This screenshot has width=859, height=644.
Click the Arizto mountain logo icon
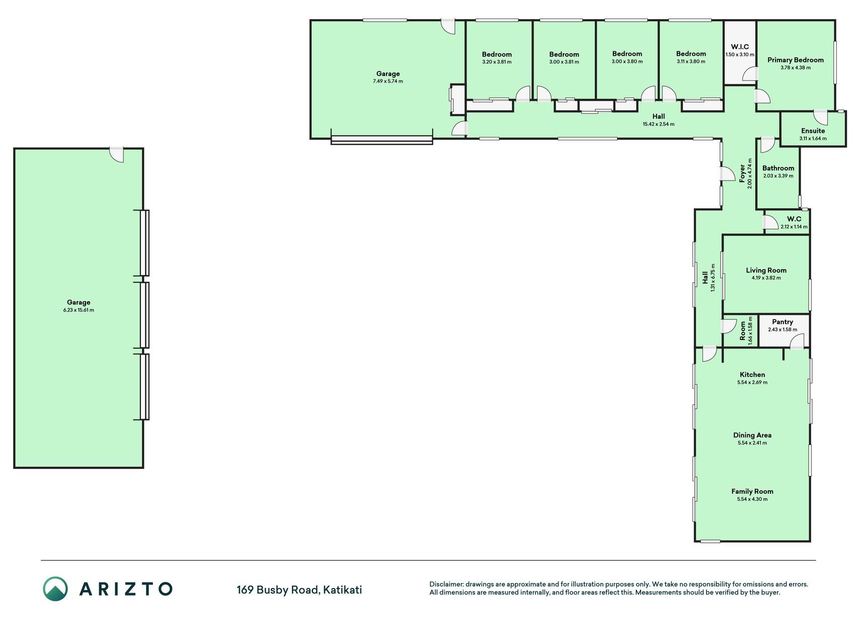tap(55, 589)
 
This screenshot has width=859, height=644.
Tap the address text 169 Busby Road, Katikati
tap(299, 590)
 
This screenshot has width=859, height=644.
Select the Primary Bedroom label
tap(796, 60)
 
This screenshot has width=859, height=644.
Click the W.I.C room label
tap(740, 47)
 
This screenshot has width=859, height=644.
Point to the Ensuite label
tap(813, 131)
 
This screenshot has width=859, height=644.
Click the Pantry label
tap(783, 322)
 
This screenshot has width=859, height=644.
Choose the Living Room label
tap(766, 270)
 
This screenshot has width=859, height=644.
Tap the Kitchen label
tap(752, 374)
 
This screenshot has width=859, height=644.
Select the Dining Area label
tap(752, 435)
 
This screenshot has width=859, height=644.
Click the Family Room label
tap(752, 492)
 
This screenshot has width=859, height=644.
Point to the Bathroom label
tap(778, 168)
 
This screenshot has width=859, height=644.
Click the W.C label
tap(794, 219)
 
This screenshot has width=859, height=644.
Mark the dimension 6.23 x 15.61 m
tap(79, 310)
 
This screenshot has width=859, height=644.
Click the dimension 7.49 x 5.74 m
tap(388, 81)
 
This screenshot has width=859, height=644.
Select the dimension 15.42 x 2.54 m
tap(658, 124)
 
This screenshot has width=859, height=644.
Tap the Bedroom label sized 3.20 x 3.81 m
tap(497, 54)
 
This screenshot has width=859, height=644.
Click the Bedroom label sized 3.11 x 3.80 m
tap(691, 54)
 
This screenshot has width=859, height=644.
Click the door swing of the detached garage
tap(117, 155)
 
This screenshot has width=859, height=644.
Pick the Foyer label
tap(742, 173)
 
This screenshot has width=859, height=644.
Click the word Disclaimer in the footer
tap(446, 584)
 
